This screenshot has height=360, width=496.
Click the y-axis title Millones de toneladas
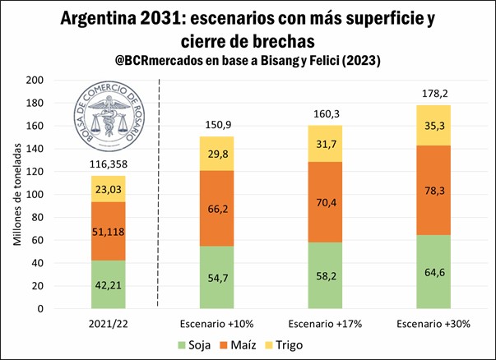(16, 195)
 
